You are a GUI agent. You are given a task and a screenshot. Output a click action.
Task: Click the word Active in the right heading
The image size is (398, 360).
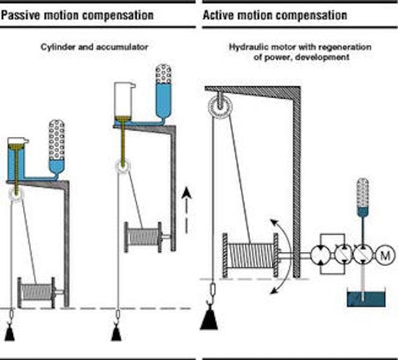coord(220,14)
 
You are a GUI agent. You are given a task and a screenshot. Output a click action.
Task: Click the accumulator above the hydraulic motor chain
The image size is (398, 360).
coord(363,194)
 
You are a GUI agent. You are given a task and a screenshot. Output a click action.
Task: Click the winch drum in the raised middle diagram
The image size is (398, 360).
coord(142,236)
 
